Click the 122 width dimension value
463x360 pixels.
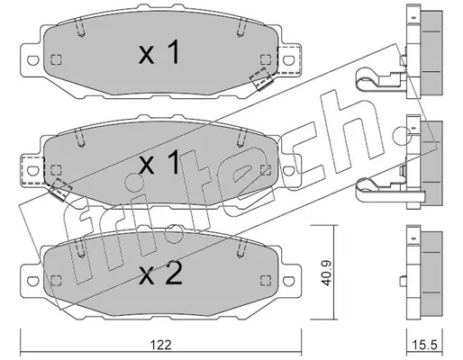(x=160, y=345)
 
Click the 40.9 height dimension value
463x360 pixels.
(x=325, y=273)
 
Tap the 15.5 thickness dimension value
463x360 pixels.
(x=424, y=345)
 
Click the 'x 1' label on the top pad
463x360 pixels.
(x=159, y=53)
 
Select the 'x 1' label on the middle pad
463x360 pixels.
(x=159, y=163)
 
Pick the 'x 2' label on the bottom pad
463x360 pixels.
(x=160, y=273)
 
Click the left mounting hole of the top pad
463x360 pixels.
(x=33, y=60)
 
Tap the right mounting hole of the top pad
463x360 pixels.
(x=288, y=60)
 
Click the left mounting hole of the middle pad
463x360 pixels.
(x=33, y=171)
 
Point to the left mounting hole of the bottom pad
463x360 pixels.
(x=33, y=281)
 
